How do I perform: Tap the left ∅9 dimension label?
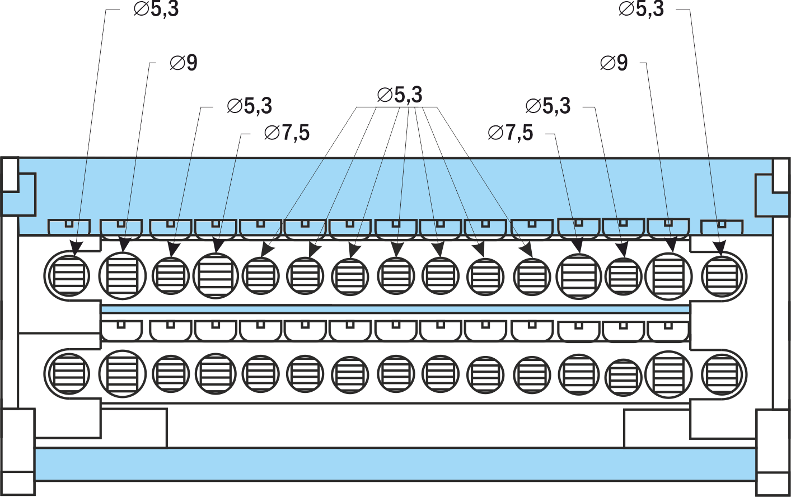click(x=184, y=63)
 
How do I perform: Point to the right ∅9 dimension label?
click(x=614, y=63)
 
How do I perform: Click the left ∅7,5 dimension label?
click(x=287, y=133)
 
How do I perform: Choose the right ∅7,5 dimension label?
click(x=511, y=133)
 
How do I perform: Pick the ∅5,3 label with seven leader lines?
click(x=400, y=95)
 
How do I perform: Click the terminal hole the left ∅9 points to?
click(x=123, y=275)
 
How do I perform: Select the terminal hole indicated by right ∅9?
click(x=668, y=276)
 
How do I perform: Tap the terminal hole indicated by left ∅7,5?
click(x=216, y=275)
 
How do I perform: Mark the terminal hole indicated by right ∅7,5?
click(x=579, y=276)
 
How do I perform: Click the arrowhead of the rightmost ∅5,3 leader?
click(x=720, y=247)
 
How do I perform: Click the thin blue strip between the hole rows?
click(x=395, y=309)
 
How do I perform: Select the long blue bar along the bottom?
click(x=395, y=464)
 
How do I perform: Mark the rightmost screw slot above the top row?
click(x=722, y=227)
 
